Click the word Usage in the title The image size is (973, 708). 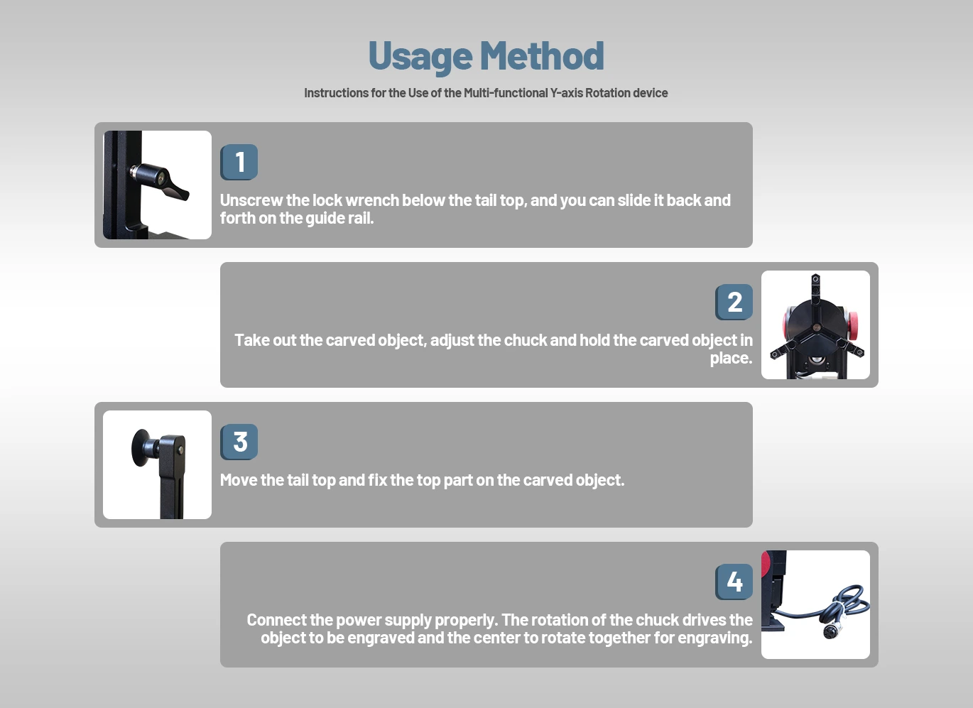[x=420, y=57]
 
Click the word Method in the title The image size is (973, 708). [x=542, y=55]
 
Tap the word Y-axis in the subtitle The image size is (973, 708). [x=566, y=93]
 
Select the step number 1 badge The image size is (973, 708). [x=239, y=162]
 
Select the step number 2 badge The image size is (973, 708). [x=734, y=302]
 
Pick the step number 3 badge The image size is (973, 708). [x=239, y=442]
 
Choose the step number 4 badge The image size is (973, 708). [x=734, y=582]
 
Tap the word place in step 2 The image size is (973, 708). [x=730, y=359]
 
